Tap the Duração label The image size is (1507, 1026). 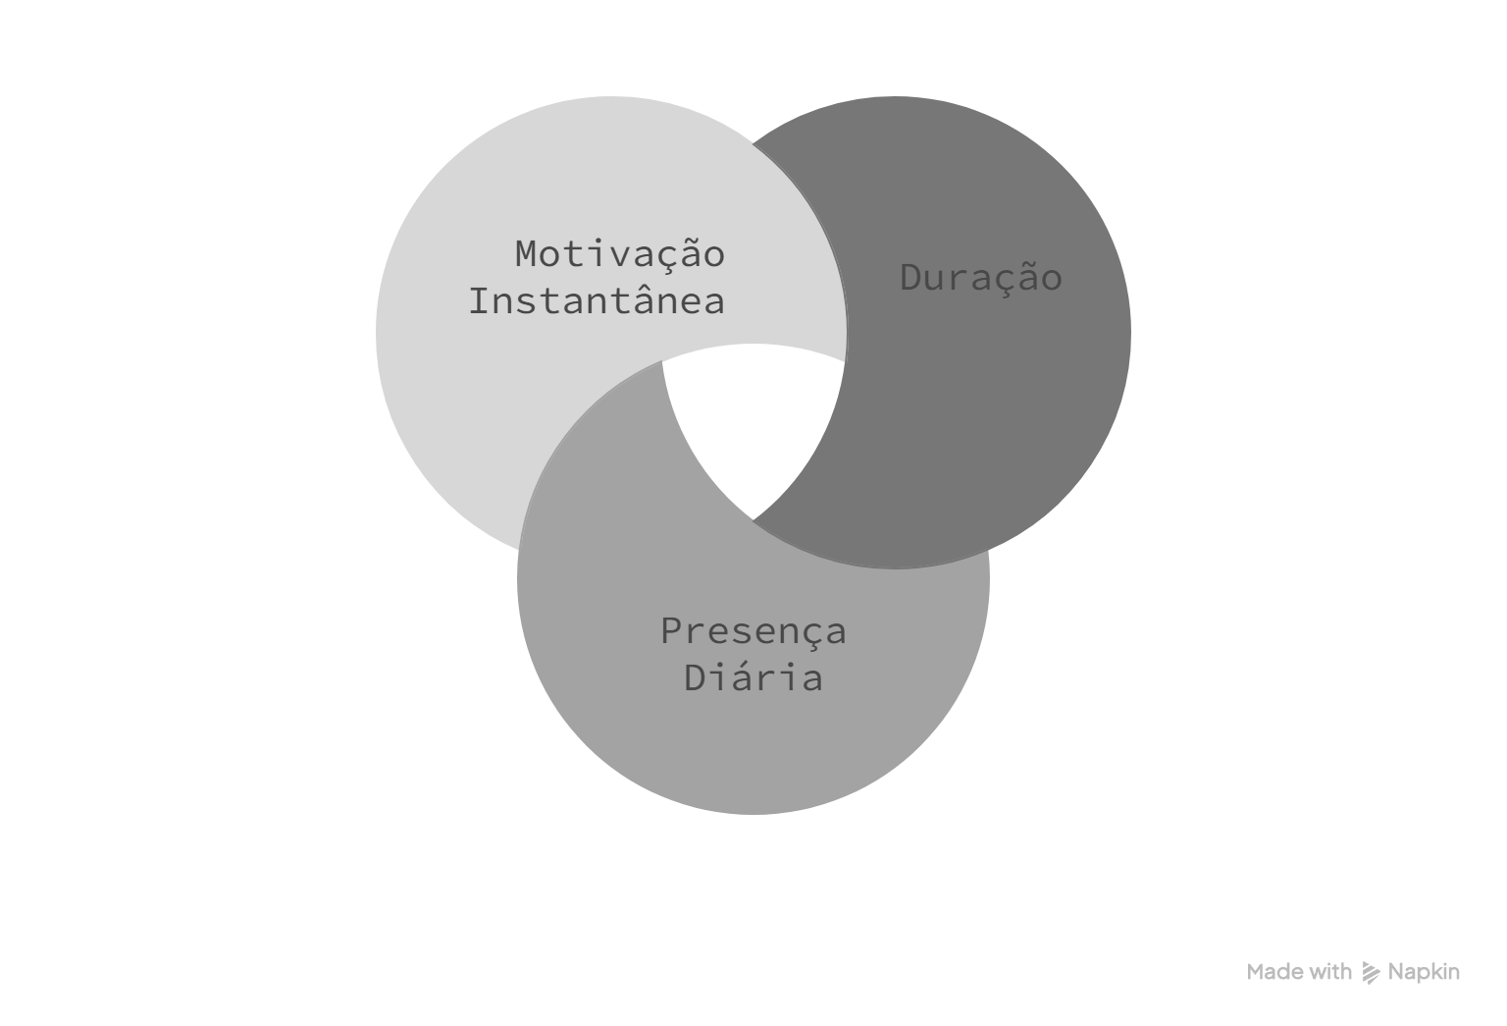coord(981,278)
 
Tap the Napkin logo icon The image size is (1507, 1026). coord(1371,973)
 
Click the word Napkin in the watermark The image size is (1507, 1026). coord(1425,973)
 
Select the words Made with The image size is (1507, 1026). coord(1299,972)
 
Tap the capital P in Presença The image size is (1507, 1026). coord(672,631)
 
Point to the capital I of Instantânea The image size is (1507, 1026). coord(481,301)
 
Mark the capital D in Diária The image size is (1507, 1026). coord(696,677)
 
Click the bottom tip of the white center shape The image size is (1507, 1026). coord(753,519)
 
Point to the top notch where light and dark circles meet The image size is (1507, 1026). coord(753,143)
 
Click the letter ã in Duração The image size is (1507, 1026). coord(1028,278)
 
